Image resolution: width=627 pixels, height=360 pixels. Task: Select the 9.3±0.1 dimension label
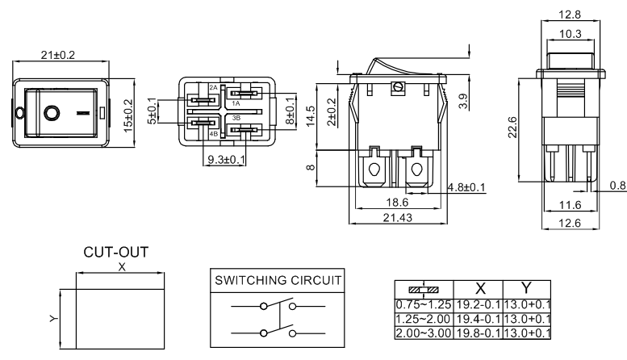pyautogui.click(x=227, y=160)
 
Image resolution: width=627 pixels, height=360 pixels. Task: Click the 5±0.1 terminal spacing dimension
pyautogui.click(x=151, y=111)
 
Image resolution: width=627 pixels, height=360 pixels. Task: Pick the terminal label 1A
pyautogui.click(x=236, y=103)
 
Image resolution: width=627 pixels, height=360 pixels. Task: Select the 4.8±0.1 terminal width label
pyautogui.click(x=466, y=188)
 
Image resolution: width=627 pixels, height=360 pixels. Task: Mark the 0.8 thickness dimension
pyautogui.click(x=617, y=186)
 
